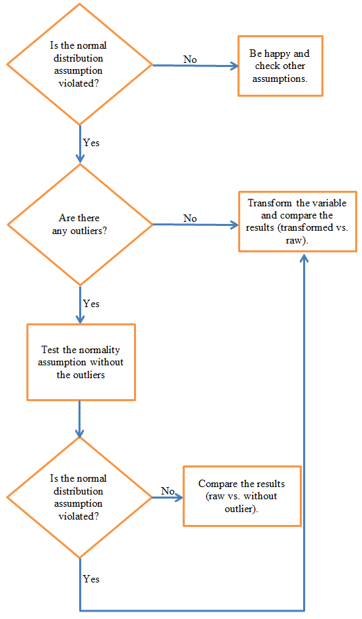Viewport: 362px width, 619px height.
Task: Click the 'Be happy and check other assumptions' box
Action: [280, 66]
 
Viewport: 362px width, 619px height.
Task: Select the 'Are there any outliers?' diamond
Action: [80, 225]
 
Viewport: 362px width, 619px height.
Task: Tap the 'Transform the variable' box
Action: [298, 221]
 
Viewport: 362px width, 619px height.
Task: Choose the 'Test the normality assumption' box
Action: [81, 362]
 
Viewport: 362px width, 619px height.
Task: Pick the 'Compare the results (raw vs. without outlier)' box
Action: [242, 496]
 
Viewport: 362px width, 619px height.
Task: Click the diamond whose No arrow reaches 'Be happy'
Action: [80, 64]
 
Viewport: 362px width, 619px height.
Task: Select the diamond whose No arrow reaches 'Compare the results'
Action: [80, 497]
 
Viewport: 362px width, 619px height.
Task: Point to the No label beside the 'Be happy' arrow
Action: [190, 60]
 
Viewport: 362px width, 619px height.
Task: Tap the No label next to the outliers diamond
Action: [190, 219]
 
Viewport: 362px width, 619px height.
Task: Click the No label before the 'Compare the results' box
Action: [167, 490]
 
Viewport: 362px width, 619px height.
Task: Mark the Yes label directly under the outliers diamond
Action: [91, 304]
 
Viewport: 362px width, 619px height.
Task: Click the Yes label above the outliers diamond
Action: [91, 143]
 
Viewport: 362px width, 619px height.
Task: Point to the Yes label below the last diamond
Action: [91, 579]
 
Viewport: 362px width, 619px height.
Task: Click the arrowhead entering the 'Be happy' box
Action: [235, 66]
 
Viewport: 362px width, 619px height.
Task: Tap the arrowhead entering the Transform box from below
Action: [304, 258]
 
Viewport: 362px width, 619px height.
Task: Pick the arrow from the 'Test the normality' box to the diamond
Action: [80, 418]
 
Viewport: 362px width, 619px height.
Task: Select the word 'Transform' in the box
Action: [269, 203]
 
